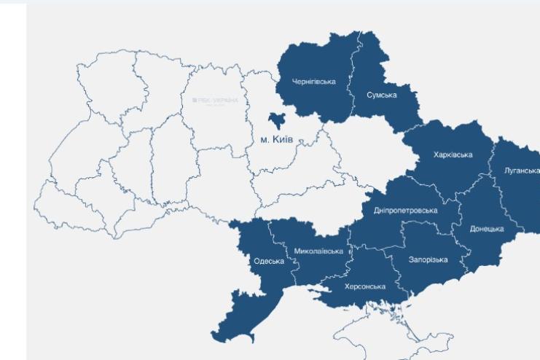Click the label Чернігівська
[313, 81]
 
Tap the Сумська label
[382, 95]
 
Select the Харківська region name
[453, 154]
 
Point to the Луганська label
[522, 170]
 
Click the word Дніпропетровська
[405, 210]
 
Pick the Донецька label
[487, 229]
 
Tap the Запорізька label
[428, 259]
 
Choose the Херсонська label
[364, 286]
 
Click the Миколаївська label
[318, 251]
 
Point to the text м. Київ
[276, 137]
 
